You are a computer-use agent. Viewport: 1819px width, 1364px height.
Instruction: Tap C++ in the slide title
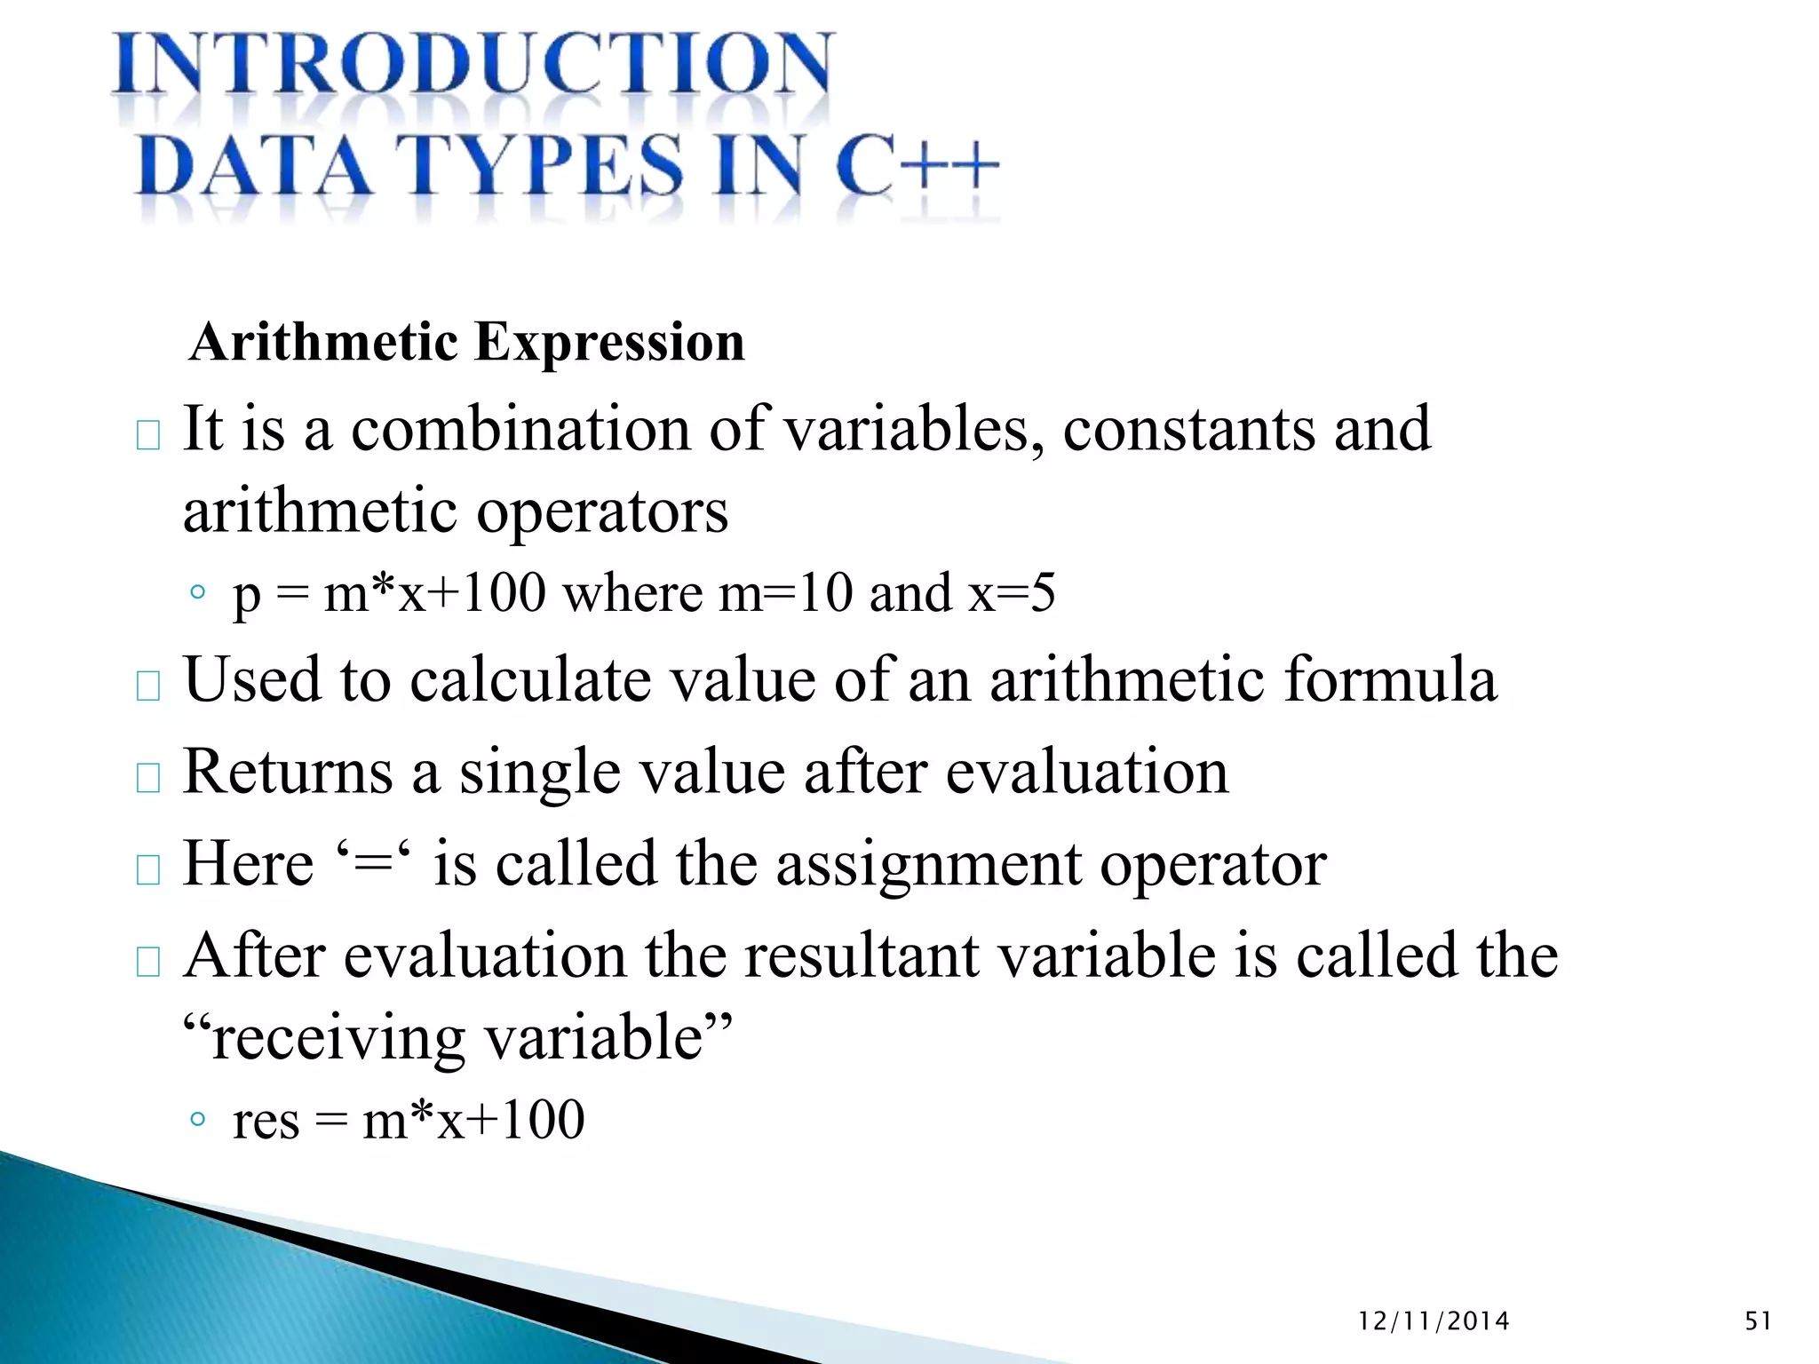tap(917, 166)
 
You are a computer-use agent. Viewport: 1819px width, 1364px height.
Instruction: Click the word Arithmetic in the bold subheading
tap(323, 342)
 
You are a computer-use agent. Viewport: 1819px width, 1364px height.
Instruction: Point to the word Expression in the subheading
tap(609, 342)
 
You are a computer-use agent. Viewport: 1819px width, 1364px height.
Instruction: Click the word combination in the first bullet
tap(520, 429)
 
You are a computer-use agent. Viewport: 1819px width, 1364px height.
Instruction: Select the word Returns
tap(288, 772)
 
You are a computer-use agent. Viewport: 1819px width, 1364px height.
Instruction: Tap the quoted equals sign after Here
tap(372, 863)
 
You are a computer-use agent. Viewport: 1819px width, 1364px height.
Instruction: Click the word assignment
tap(929, 863)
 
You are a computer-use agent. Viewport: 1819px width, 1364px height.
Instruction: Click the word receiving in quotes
tap(338, 1038)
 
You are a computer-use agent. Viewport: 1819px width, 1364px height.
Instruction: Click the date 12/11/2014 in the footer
tap(1434, 1321)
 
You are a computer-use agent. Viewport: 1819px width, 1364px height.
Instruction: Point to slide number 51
tap(1758, 1321)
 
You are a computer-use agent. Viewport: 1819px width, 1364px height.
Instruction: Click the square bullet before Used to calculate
tap(148, 686)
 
